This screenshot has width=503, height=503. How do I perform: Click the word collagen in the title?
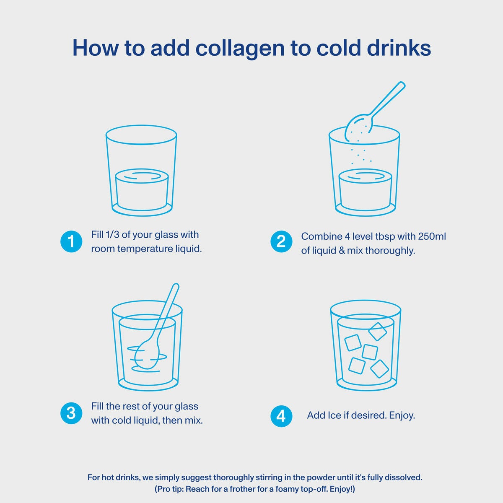click(240, 49)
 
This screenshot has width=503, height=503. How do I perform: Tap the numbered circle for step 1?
click(71, 241)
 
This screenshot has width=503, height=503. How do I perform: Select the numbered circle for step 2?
click(281, 241)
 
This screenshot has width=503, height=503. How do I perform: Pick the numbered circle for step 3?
click(71, 413)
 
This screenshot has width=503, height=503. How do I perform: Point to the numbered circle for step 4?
click(281, 416)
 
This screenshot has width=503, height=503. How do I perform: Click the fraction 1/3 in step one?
click(112, 234)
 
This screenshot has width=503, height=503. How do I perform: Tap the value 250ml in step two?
click(432, 236)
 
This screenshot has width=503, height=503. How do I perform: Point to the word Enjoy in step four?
click(402, 415)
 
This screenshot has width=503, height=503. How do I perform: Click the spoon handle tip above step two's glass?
click(402, 85)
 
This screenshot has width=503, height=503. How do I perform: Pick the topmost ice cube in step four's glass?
click(377, 332)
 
